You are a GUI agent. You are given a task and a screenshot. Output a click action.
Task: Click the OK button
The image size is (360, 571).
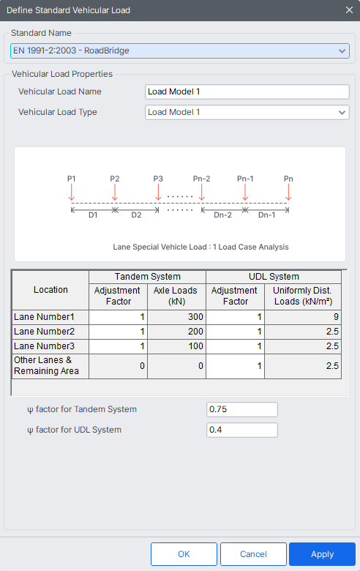point(184,554)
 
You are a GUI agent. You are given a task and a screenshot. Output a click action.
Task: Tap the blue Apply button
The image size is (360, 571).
point(322,554)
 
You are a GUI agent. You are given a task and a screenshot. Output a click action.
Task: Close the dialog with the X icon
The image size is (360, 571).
point(349,10)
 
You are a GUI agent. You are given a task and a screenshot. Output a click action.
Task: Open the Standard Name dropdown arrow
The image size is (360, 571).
point(342,51)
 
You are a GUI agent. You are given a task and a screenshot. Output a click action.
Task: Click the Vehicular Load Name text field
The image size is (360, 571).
point(247,92)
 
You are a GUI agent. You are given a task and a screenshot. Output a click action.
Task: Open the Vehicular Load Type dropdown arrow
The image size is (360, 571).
point(342,113)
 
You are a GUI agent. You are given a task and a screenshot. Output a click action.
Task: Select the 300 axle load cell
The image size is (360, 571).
point(176,317)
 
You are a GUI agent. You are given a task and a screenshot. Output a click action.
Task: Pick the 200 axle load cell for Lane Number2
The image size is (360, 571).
point(176,332)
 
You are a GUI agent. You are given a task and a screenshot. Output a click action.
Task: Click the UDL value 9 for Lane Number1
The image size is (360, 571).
point(303,317)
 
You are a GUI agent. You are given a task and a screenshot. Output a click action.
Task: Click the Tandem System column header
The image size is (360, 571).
point(147,277)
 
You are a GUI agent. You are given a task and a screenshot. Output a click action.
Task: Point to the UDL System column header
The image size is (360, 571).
point(274,277)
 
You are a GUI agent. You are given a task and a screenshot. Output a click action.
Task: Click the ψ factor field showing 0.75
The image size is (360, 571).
point(242,409)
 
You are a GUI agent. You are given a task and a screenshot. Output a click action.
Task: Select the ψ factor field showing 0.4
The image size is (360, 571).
point(242,430)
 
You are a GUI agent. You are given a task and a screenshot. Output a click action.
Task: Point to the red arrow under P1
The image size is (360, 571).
point(72,193)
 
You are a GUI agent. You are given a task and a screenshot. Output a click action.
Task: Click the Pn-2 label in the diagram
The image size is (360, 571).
point(202,179)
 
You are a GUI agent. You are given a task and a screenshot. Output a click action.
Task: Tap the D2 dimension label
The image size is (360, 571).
point(137,215)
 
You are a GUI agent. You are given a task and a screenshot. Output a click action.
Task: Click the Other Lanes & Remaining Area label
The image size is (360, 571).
point(46,365)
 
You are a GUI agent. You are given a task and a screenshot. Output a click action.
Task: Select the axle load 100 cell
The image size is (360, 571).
point(176,346)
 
